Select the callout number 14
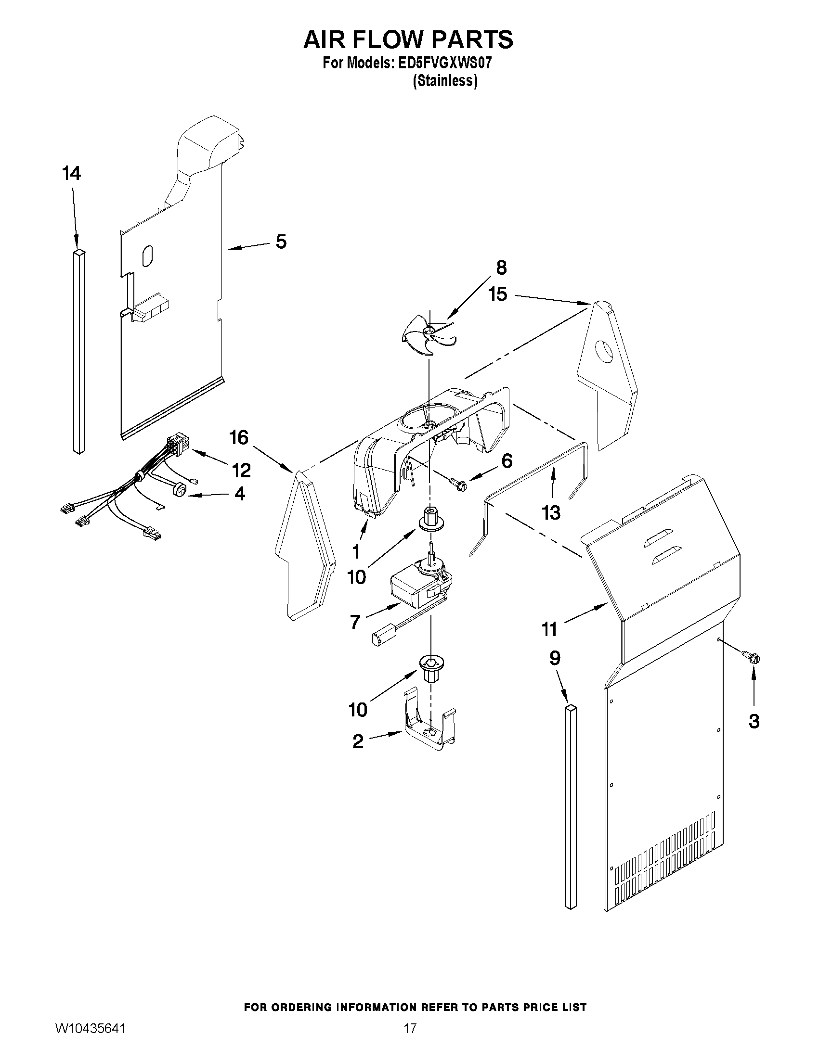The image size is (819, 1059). click(71, 173)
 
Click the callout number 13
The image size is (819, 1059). click(551, 512)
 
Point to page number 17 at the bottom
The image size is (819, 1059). click(410, 1026)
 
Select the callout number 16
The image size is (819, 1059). click(239, 438)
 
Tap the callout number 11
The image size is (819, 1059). click(549, 629)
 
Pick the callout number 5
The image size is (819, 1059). click(281, 242)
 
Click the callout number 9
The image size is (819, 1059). click(555, 658)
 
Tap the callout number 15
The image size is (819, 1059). click(498, 294)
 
